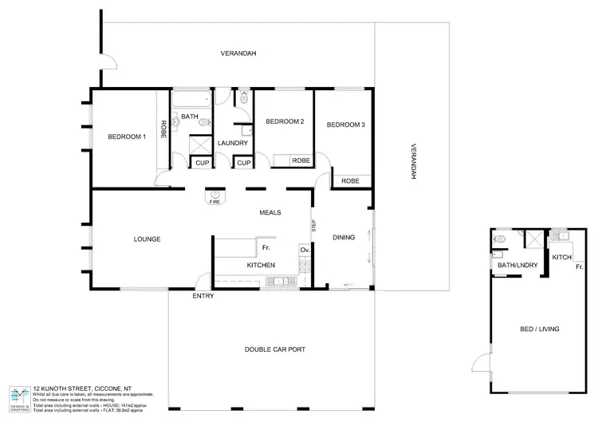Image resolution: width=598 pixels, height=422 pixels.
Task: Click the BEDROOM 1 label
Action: tap(127, 137)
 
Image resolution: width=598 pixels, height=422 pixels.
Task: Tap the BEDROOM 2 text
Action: tap(285, 121)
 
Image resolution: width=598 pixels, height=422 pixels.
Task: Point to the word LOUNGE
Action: tap(148, 239)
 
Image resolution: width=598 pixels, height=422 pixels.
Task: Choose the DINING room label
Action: tap(344, 237)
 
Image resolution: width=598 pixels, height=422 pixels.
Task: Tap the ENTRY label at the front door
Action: tap(203, 296)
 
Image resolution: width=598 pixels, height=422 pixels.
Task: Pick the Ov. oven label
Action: tap(304, 250)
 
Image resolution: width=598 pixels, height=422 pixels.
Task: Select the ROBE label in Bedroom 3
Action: tap(350, 181)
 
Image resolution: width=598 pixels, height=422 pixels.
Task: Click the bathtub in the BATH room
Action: tap(192, 100)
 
